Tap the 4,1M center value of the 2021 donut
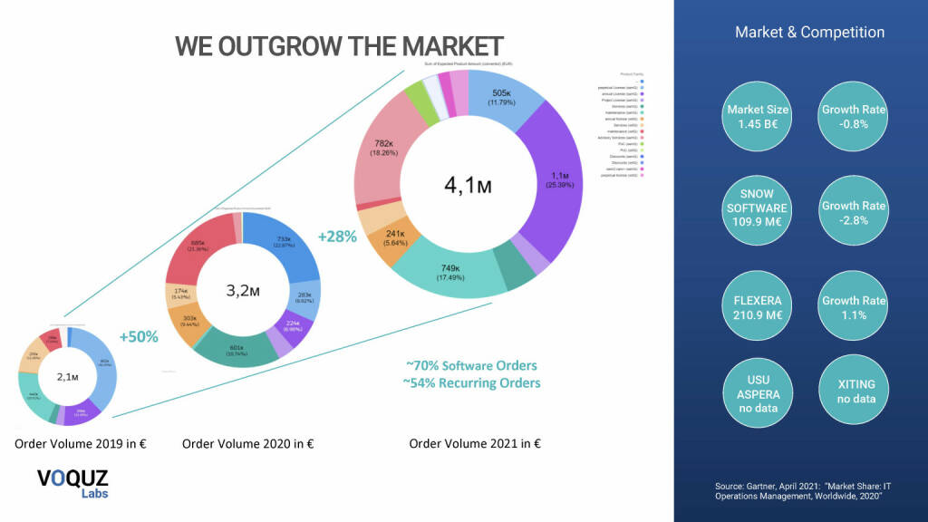click(469, 186)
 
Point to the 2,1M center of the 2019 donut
click(68, 376)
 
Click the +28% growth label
click(336, 237)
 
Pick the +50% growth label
click(139, 336)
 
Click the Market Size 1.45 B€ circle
click(758, 116)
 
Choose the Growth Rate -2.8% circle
click(853, 211)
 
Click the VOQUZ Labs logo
click(72, 482)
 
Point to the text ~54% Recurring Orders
click(471, 382)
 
